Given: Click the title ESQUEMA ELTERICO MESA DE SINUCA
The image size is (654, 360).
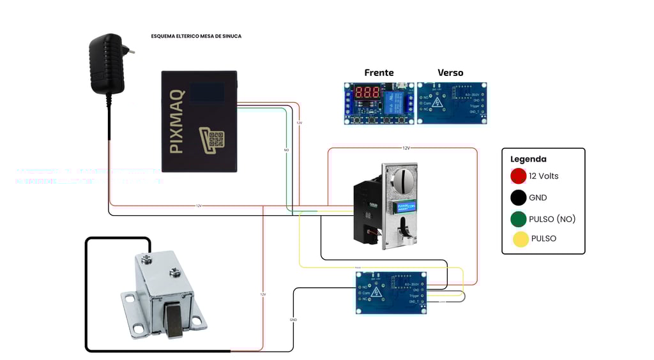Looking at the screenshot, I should [196, 36].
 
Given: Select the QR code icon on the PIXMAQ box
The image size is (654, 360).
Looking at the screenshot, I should [212, 139].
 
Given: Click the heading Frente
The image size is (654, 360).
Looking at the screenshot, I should [379, 73].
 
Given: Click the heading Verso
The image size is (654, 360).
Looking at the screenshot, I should [450, 73].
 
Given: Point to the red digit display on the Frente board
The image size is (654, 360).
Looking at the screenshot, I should [367, 92].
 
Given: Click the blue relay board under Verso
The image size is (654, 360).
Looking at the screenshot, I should [452, 103].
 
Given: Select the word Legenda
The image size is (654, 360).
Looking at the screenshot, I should [528, 159].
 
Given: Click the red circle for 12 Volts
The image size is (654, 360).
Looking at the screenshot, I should [518, 176].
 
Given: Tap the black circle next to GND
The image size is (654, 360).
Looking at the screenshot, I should [518, 198].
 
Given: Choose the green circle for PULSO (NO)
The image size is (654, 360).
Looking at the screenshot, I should [518, 219].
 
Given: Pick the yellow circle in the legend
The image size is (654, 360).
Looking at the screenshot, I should [521, 239].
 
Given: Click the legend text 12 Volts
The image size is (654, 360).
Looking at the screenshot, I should [544, 176].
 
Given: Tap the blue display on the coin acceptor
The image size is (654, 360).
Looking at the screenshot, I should [406, 207].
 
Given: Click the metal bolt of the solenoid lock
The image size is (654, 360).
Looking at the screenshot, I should [173, 320].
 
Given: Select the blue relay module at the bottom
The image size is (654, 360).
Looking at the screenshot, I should [391, 292].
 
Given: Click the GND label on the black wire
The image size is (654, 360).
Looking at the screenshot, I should [293, 319].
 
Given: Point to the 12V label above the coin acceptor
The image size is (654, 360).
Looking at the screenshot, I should [406, 148].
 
